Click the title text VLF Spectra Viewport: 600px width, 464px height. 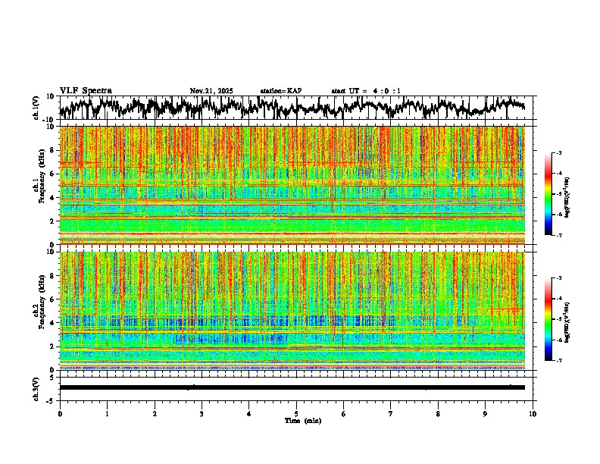(86, 91)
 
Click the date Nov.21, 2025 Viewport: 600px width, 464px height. (211, 91)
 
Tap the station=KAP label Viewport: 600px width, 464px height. (280, 91)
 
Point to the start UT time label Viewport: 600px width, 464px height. (366, 91)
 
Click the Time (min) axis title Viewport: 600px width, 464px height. (302, 420)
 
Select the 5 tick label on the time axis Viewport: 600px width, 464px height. (296, 413)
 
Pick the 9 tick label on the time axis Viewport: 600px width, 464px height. (486, 413)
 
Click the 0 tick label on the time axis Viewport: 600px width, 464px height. (60, 413)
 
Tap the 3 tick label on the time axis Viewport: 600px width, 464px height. (202, 413)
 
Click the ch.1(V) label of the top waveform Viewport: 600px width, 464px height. (36, 108)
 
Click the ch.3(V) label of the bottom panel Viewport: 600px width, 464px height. (36, 387)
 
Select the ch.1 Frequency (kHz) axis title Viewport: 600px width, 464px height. (40, 185)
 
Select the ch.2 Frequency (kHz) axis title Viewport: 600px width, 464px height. (40, 310)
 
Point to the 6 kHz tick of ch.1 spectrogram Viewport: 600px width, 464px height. (52, 174)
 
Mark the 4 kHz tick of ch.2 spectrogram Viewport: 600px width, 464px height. (52, 322)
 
